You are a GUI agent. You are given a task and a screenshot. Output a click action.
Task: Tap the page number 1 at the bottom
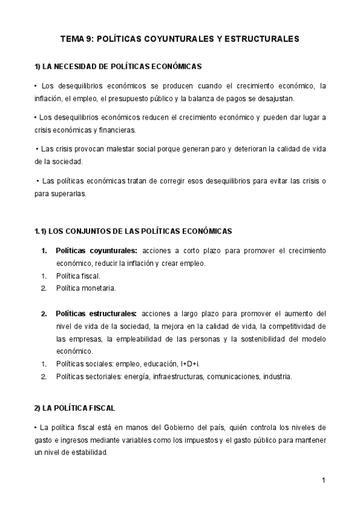click(323, 480)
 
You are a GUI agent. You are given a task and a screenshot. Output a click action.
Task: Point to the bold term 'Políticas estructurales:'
click(97, 313)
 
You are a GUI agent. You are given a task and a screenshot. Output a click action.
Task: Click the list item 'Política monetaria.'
click(86, 288)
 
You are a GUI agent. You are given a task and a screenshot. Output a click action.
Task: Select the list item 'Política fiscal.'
click(78, 276)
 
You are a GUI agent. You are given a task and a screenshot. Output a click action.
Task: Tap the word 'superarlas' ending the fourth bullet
click(70, 194)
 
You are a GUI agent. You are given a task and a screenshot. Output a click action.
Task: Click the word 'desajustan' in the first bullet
click(275, 98)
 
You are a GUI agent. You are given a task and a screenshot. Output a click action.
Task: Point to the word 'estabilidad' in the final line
click(87, 453)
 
